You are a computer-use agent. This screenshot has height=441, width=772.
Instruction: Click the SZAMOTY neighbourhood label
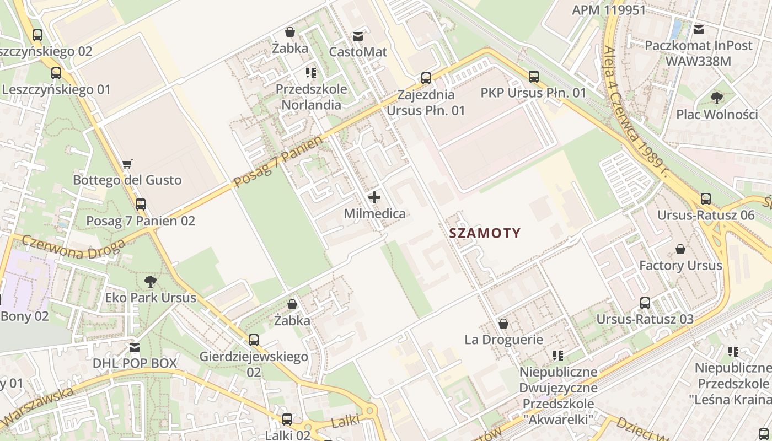[485, 233]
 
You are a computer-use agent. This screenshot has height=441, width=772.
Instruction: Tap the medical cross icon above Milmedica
[374, 197]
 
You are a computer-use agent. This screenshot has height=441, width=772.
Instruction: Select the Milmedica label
[374, 214]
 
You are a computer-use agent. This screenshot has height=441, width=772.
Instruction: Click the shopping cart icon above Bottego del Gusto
[127, 164]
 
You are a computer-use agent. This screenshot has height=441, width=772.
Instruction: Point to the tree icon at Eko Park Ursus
[150, 282]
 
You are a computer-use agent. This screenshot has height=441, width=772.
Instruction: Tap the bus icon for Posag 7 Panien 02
[141, 205]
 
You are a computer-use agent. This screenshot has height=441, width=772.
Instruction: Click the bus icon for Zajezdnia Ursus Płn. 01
[426, 78]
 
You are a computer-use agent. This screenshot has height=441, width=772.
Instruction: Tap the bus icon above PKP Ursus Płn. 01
[533, 77]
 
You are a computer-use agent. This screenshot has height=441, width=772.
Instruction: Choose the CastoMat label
[358, 52]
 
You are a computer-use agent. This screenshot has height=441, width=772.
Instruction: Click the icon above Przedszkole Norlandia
[311, 73]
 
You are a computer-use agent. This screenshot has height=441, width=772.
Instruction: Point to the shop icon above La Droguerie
[503, 324]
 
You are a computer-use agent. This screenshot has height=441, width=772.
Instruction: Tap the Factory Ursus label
[680, 266]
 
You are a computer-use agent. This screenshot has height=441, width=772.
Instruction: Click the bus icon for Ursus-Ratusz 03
[645, 303]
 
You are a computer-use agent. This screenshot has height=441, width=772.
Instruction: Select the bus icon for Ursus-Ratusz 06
[705, 199]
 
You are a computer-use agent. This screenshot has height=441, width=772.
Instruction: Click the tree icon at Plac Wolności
[717, 99]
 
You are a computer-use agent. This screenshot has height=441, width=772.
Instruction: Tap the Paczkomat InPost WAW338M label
[698, 53]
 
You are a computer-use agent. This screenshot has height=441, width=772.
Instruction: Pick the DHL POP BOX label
[135, 363]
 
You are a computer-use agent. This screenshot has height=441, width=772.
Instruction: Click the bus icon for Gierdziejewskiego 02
[253, 340]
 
